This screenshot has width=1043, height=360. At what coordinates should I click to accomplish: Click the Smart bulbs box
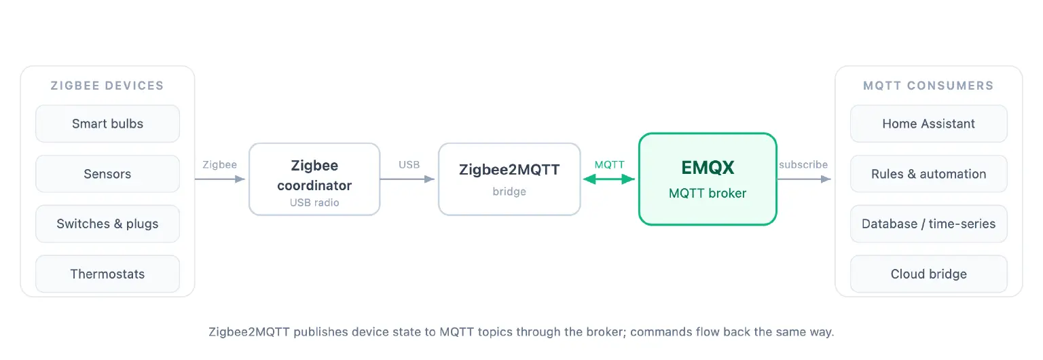[x=107, y=124]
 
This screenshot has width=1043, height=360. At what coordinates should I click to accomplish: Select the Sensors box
[x=107, y=174]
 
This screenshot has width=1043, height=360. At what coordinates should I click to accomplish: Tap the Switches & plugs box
[x=107, y=223]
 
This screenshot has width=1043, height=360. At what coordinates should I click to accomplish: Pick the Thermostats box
[x=107, y=274]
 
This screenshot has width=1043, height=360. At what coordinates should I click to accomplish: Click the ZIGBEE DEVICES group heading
[x=107, y=86]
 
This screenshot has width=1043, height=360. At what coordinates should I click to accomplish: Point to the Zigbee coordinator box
[x=314, y=179]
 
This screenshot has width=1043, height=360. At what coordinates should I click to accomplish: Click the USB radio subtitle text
[x=314, y=202]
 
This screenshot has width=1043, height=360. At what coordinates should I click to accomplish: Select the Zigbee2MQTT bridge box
[x=509, y=179]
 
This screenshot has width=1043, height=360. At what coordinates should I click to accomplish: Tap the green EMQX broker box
[x=708, y=179]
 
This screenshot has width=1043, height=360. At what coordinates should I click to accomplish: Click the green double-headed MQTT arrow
[x=609, y=179]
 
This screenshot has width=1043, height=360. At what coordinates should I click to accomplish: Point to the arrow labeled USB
[x=407, y=179]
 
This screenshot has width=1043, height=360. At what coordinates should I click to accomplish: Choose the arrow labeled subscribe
[x=804, y=179]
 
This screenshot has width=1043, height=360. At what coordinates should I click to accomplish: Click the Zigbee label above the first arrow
[x=220, y=164]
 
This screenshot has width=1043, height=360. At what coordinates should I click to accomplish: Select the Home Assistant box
[x=929, y=124]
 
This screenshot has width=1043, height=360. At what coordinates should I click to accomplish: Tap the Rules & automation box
[x=929, y=174]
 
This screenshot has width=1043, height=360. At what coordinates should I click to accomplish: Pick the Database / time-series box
[x=929, y=223]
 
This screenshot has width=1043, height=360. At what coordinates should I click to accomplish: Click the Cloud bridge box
[x=929, y=274]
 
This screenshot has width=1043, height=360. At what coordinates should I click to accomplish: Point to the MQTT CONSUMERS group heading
[x=928, y=86]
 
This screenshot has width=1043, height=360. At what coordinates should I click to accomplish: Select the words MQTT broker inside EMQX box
[x=708, y=194]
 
